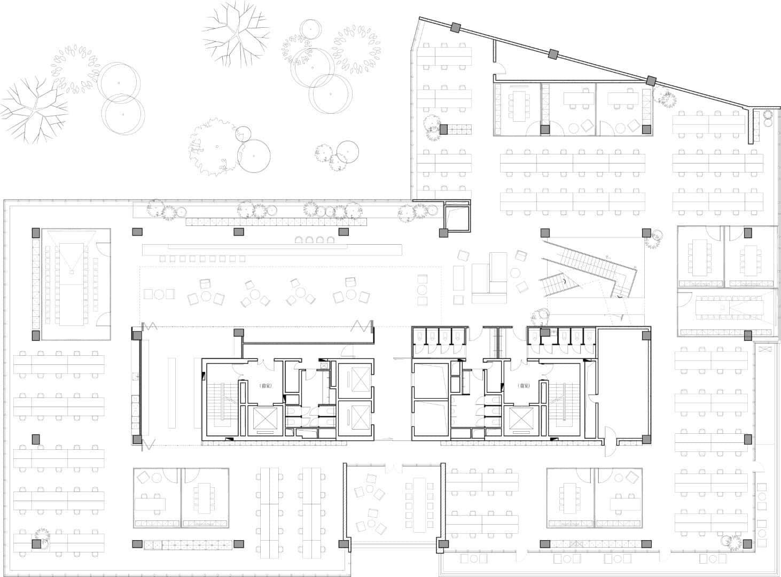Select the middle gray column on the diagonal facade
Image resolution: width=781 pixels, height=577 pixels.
point(553,53)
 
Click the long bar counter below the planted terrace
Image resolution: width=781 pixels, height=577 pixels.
point(272,249)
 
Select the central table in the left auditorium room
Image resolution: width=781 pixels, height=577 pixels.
point(71,284)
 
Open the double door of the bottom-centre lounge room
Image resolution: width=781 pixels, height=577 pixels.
point(393,468)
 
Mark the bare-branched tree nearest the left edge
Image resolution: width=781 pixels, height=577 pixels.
point(33,110)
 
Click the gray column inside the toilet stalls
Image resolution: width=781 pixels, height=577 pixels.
point(545,333)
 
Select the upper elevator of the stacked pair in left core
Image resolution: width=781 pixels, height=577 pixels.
point(353,380)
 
